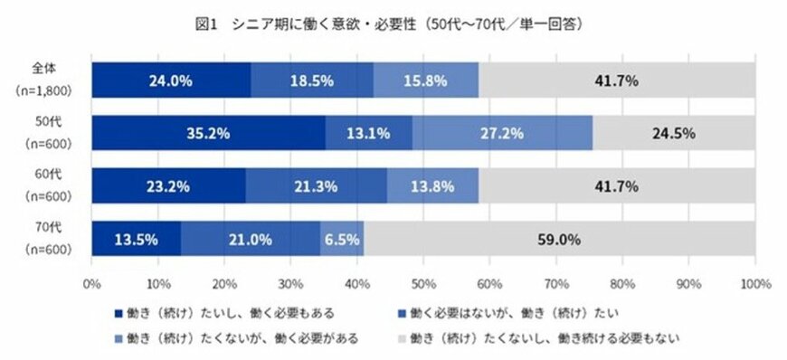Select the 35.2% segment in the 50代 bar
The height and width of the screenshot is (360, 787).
pyautogui.click(x=208, y=133)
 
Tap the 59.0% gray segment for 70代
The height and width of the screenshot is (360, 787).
pyautogui.click(x=560, y=240)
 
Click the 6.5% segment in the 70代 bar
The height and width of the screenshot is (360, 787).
pyautogui.click(x=342, y=240)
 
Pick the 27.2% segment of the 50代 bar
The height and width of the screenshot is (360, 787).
pyautogui.click(x=502, y=133)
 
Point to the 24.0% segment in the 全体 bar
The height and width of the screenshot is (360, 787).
pyautogui.click(x=171, y=80)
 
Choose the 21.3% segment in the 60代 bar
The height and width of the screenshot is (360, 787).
pyautogui.click(x=317, y=186)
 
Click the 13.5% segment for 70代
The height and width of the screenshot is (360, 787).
pyautogui.click(x=137, y=240)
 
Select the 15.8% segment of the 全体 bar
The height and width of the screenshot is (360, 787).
pyautogui.click(x=425, y=80)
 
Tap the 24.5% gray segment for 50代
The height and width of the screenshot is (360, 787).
pyautogui.click(x=674, y=133)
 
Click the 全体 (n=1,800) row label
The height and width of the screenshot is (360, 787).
pyautogui.click(x=43, y=80)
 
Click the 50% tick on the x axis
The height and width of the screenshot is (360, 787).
pyautogui.click(x=423, y=283)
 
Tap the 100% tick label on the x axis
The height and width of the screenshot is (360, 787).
pyautogui.click(x=754, y=283)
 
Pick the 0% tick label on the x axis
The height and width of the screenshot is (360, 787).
pyautogui.click(x=91, y=283)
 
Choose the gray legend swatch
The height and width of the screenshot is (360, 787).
pyautogui.click(x=403, y=338)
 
